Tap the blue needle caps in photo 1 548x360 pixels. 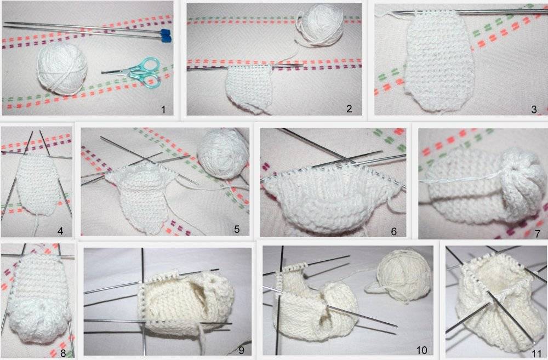165,34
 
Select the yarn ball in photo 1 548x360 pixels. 62,69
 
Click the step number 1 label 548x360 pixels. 163,110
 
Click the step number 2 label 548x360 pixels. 349,108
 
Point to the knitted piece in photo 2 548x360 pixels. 249,89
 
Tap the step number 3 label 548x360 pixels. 534,110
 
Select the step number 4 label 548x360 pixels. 60,231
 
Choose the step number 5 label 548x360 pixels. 237,229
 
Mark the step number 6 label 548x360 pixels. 394,231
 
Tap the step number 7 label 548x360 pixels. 538,233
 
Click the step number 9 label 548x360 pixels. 241,350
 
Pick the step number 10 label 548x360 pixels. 422,350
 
